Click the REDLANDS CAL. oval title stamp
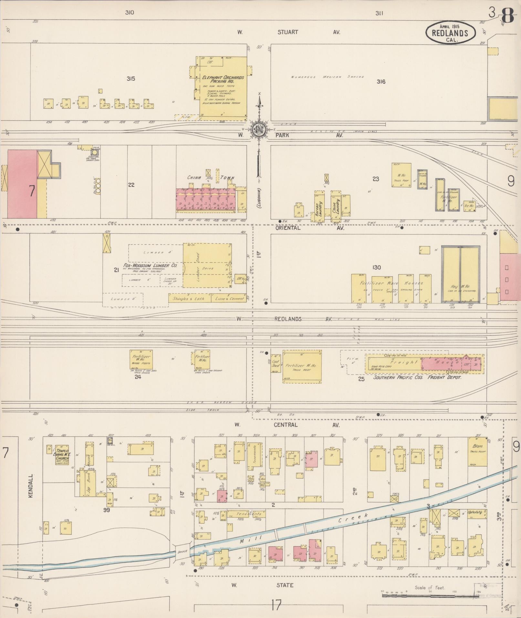(x=450, y=33)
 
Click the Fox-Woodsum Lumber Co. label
(x=150, y=265)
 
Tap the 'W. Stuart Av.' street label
(x=287, y=32)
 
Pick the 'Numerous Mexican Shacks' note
(x=327, y=77)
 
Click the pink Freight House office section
(x=452, y=363)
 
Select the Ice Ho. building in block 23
(x=469, y=205)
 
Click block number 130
(x=377, y=267)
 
